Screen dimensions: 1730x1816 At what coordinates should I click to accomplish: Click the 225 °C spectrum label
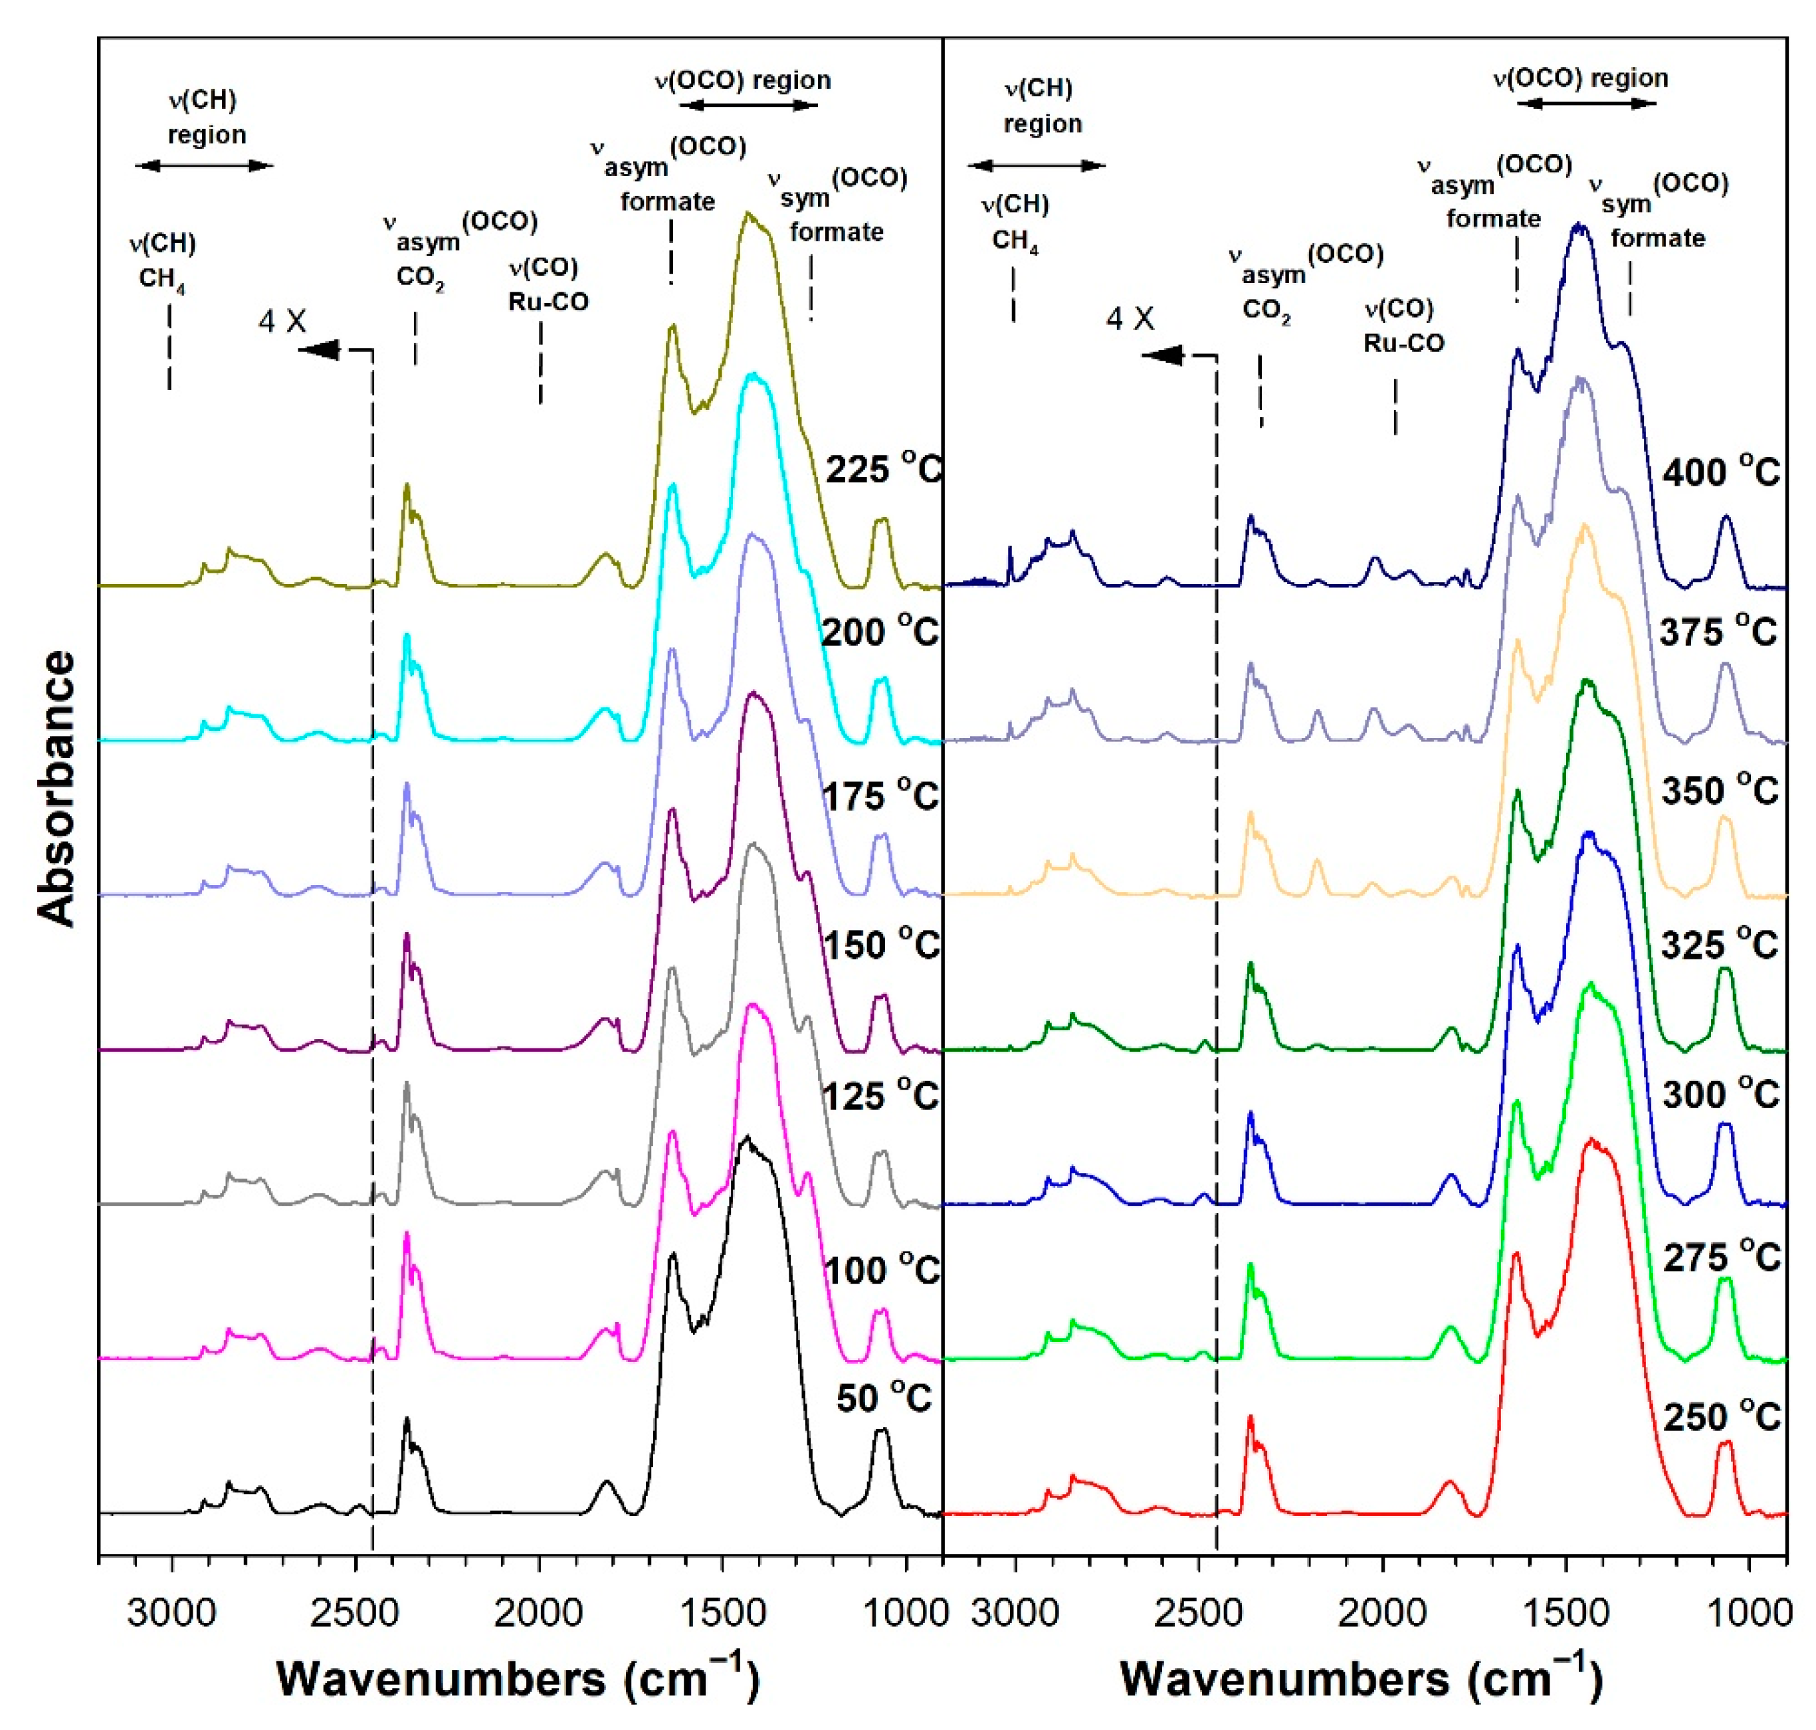point(882,470)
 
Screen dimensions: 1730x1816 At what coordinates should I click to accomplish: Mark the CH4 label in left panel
point(161,278)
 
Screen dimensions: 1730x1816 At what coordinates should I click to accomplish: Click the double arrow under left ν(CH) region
point(204,166)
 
